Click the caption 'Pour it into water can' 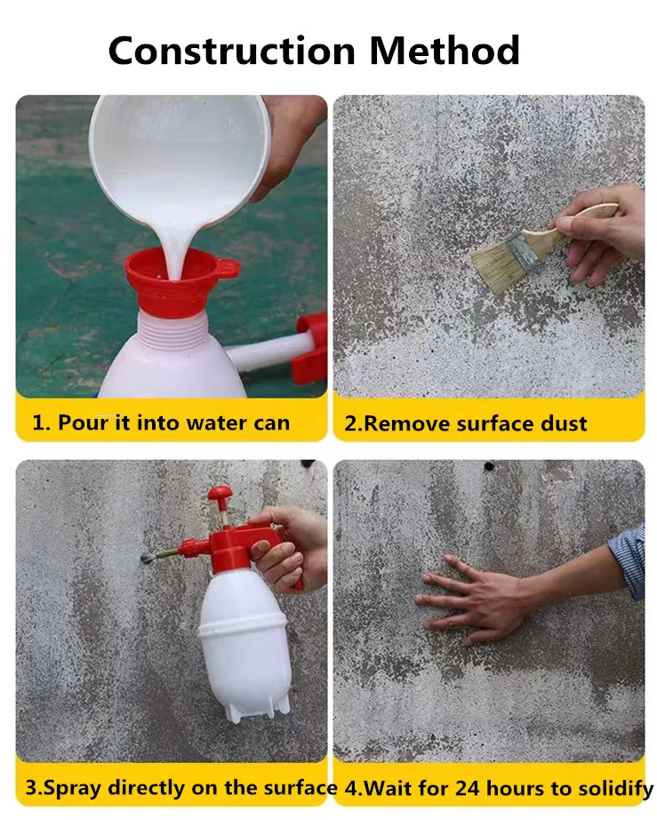click(x=161, y=422)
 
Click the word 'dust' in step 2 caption click(x=561, y=423)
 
